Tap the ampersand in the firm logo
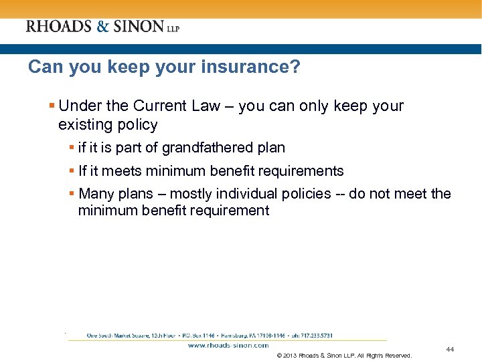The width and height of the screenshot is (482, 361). point(102,27)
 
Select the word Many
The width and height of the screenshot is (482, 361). point(96,194)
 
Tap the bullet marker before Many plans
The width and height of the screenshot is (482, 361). point(72,194)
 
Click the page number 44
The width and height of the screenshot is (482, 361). point(450,350)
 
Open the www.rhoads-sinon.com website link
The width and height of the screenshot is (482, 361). point(228,346)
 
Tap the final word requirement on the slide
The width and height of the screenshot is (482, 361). point(229,211)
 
